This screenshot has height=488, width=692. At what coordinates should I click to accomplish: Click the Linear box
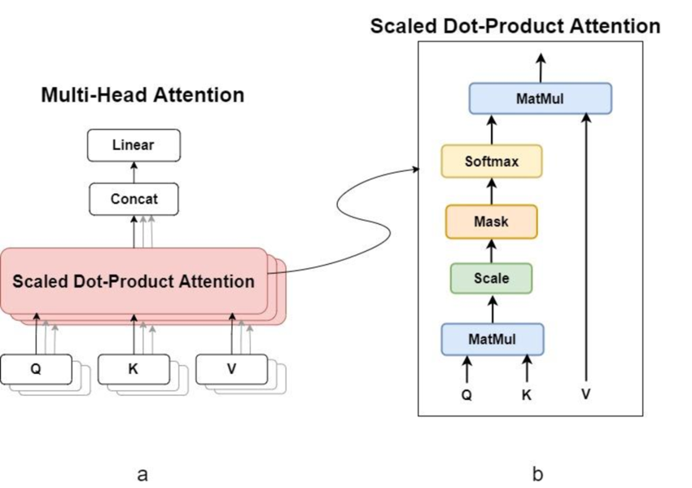[134, 146]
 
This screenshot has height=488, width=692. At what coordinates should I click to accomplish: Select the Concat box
[134, 198]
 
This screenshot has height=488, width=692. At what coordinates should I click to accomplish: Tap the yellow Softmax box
[491, 161]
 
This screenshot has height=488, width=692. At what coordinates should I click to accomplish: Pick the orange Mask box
[491, 221]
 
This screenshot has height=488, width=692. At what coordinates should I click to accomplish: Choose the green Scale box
[491, 278]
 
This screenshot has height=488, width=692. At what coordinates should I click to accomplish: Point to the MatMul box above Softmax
[541, 99]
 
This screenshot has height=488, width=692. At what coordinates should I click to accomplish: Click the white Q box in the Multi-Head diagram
[36, 368]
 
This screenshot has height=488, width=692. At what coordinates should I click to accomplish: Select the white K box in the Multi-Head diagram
[134, 368]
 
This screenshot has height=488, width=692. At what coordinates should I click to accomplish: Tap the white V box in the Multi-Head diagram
[231, 368]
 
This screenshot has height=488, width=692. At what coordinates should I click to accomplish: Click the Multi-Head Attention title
[142, 95]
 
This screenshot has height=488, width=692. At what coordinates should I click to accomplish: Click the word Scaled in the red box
[40, 282]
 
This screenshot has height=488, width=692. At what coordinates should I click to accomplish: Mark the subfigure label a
[143, 473]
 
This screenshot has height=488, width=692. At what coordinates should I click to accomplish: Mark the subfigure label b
[537, 473]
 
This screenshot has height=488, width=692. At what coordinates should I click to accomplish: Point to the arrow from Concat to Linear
[134, 172]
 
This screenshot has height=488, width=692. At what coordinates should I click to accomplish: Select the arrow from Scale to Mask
[491, 250]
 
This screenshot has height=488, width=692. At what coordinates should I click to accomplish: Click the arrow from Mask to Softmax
[491, 191]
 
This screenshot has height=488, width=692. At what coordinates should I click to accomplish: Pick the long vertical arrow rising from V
[586, 244]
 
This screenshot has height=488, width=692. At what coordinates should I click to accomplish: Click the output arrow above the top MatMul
[541, 67]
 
